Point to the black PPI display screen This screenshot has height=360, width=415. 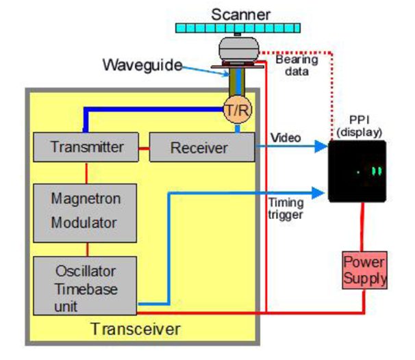[356, 171]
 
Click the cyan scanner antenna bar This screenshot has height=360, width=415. [242, 28]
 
